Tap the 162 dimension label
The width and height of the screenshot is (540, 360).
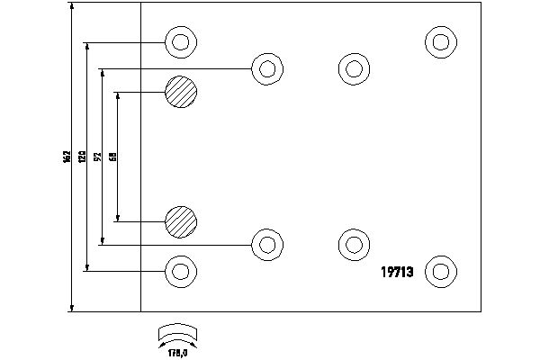[x=66, y=157]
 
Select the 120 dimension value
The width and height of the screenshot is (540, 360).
[x=82, y=157]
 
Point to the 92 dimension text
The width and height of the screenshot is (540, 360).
[x=97, y=157]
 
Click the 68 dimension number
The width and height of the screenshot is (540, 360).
[x=112, y=157]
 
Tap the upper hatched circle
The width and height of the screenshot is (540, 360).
[x=180, y=92]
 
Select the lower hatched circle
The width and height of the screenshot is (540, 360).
[x=180, y=220]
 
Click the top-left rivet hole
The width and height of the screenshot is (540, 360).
[x=180, y=41]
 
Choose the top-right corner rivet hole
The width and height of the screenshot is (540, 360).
[x=440, y=41]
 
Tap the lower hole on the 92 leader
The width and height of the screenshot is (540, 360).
[x=265, y=243]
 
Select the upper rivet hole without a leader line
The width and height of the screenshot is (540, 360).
[x=354, y=67]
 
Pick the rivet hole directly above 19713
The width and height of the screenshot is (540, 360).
[x=354, y=243]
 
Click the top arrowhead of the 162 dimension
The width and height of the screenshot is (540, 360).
[x=72, y=6]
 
